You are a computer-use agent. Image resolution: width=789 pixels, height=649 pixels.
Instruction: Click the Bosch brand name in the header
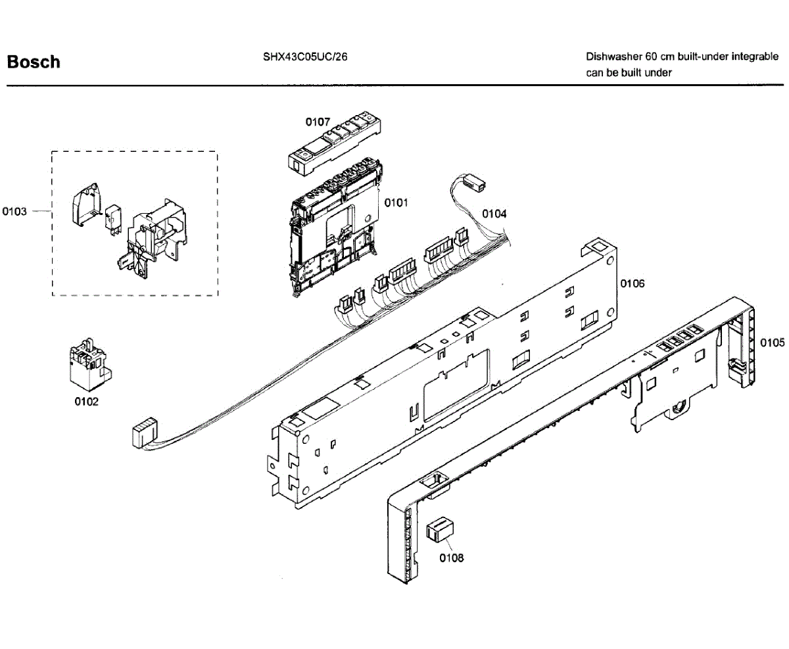click(x=33, y=62)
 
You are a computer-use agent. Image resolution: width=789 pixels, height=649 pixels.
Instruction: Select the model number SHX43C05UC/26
click(x=304, y=57)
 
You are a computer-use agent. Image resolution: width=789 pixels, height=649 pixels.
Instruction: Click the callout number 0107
click(x=318, y=122)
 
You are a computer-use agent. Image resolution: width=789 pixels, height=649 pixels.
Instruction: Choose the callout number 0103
click(x=14, y=211)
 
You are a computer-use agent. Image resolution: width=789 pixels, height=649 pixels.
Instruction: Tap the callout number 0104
click(x=494, y=213)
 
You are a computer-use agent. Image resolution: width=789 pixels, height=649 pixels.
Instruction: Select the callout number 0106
click(x=632, y=283)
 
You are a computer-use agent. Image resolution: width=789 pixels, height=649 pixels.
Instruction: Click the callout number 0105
click(x=773, y=343)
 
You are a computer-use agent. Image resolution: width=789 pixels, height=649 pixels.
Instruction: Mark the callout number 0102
click(x=86, y=402)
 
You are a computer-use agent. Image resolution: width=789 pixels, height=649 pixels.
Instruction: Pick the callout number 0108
click(x=452, y=558)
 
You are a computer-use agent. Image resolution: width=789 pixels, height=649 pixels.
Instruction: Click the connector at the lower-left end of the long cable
click(x=144, y=435)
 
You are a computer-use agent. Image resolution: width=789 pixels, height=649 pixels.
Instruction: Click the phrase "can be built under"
click(x=629, y=73)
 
